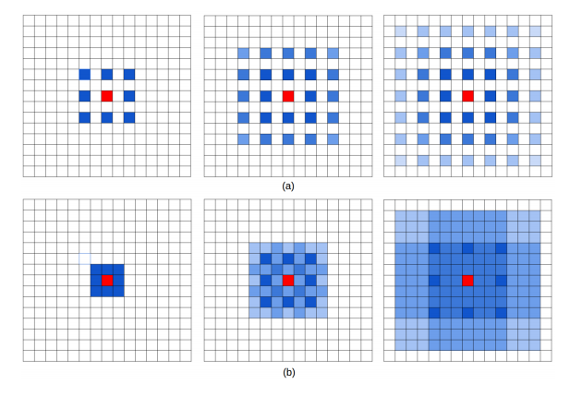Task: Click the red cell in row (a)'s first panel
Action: tap(107, 96)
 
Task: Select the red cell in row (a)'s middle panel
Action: tap(288, 96)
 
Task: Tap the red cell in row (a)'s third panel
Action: tap(467, 96)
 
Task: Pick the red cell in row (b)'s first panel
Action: tap(107, 281)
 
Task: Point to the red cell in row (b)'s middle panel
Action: tap(288, 281)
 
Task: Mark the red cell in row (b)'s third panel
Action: tap(467, 281)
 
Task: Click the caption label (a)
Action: tap(288, 186)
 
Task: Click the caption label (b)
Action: tap(289, 372)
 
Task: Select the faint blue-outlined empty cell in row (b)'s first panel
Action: tap(85, 258)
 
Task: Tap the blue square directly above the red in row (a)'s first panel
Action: tap(107, 75)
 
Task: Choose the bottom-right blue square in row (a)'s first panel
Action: tap(129, 118)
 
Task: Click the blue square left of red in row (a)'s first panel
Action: tap(85, 96)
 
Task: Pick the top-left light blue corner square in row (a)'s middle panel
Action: tap(244, 53)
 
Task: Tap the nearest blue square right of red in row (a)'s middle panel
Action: tap(310, 96)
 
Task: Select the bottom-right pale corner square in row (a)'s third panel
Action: tap(535, 161)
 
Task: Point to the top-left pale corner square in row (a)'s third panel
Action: tap(401, 31)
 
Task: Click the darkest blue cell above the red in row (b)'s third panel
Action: tap(467, 248)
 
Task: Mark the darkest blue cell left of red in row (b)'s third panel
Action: tap(434, 281)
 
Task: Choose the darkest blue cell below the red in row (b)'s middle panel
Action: tap(288, 302)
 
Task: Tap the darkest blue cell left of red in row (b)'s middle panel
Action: tap(266, 281)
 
